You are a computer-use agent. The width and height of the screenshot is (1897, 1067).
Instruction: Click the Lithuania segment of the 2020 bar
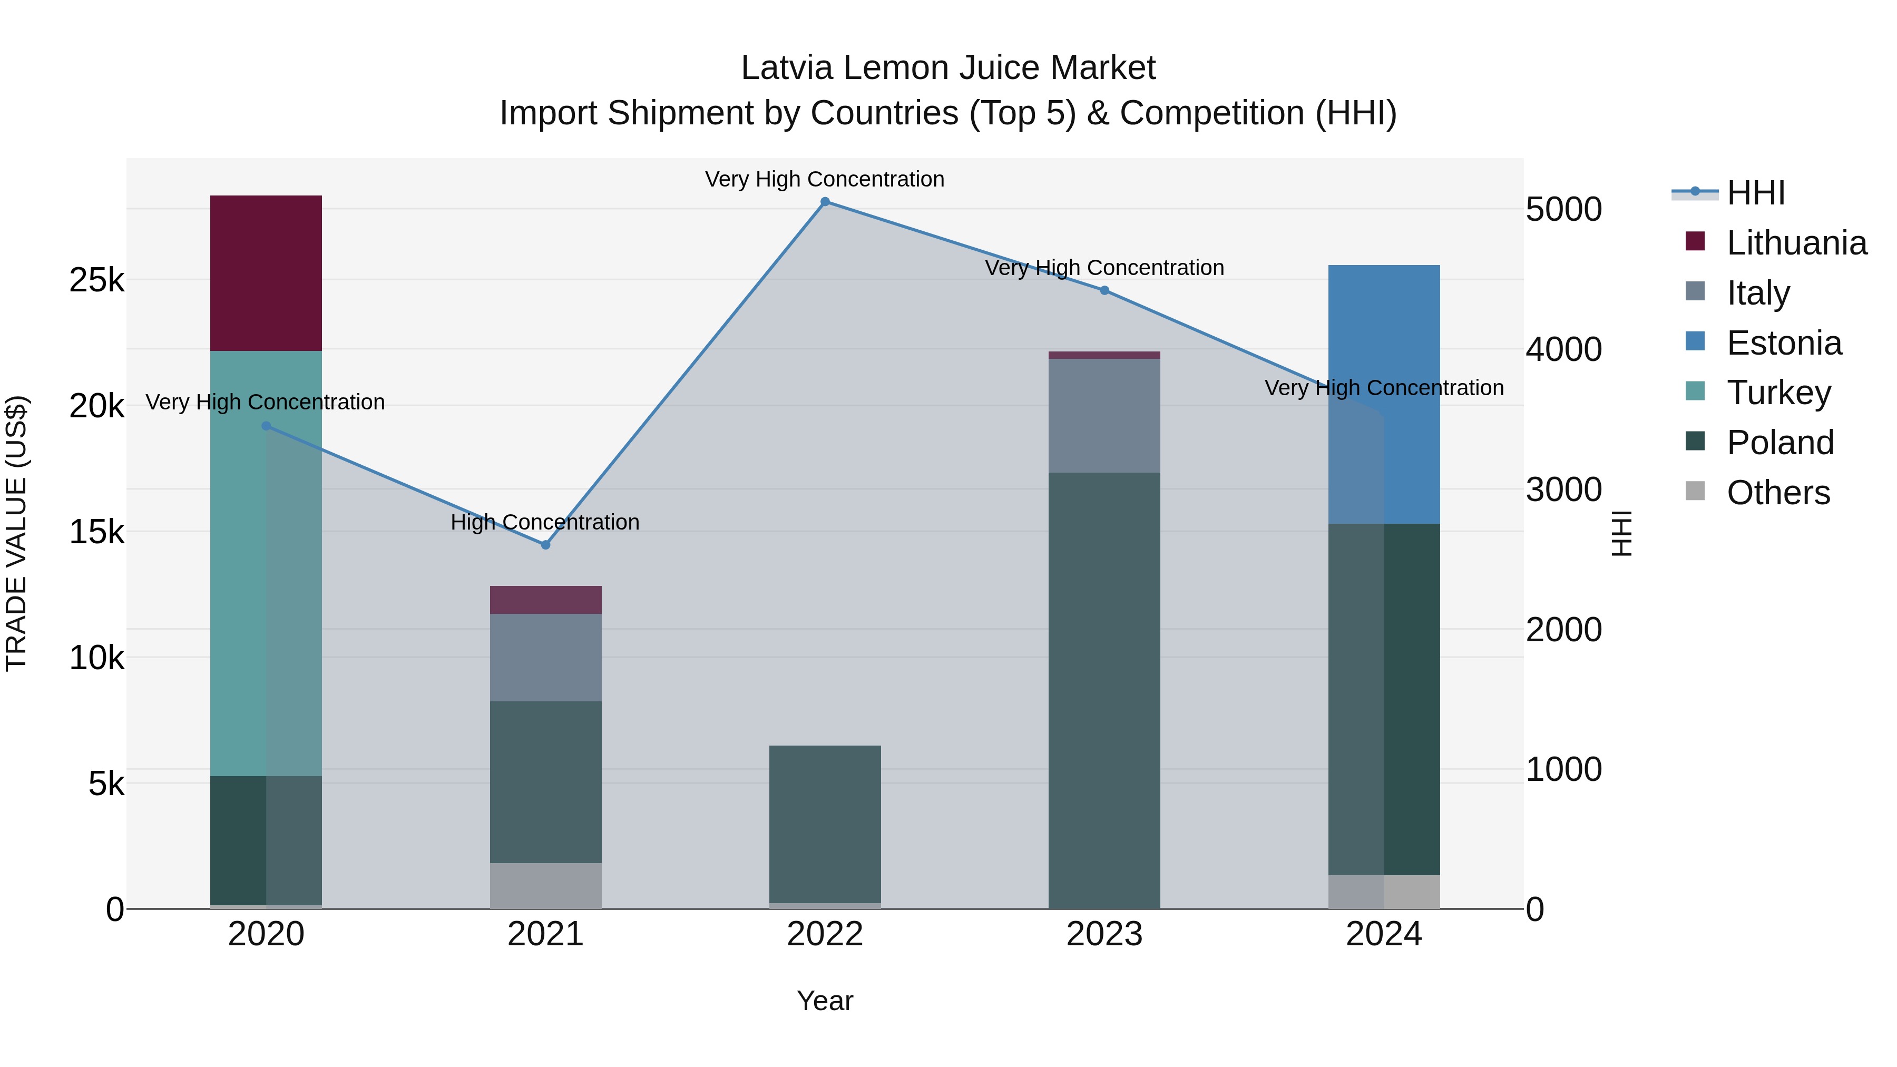(266, 273)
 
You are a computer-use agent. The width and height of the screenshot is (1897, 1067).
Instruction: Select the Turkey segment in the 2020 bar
(266, 563)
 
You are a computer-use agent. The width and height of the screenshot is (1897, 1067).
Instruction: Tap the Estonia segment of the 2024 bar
(1384, 394)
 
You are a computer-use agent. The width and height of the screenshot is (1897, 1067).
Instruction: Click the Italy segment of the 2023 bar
(1104, 416)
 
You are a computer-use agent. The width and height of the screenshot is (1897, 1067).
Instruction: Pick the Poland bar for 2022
(825, 824)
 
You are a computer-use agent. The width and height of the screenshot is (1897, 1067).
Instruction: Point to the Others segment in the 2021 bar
(546, 885)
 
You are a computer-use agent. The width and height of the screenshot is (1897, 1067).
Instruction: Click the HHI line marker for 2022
(825, 202)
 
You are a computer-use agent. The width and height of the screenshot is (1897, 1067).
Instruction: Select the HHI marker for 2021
(546, 545)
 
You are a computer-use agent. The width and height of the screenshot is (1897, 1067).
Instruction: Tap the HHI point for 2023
(1104, 291)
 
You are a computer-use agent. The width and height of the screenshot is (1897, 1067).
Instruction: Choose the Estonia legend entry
(1784, 343)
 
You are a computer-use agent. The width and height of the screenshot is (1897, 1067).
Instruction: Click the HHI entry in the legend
(1756, 193)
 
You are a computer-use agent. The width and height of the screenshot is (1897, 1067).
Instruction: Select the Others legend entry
(1778, 493)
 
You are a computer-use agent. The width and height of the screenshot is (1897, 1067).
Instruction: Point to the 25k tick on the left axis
(96, 280)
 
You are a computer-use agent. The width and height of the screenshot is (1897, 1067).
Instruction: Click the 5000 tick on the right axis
(1563, 210)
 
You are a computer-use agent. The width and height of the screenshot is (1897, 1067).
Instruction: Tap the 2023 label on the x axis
(1104, 934)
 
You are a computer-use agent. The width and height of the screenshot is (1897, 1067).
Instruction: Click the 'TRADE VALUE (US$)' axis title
(17, 533)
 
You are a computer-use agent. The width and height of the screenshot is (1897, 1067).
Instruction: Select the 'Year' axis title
(825, 1001)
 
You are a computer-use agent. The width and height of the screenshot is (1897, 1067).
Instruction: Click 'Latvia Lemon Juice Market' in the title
(948, 68)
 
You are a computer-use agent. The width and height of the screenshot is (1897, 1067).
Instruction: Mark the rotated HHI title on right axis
(1621, 533)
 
